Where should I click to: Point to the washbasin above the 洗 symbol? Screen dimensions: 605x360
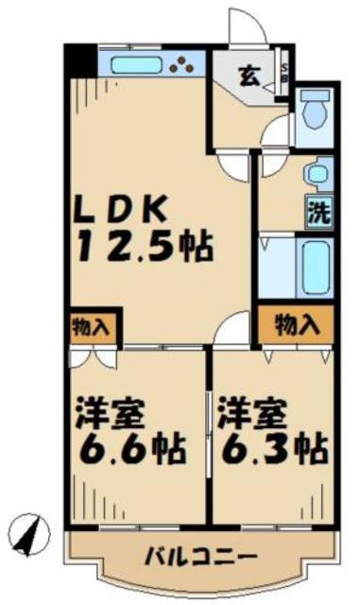[316, 175]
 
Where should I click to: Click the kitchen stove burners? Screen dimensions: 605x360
[184, 65]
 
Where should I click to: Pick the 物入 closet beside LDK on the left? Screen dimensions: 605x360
[92, 328]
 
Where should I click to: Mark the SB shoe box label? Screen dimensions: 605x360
[287, 75]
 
